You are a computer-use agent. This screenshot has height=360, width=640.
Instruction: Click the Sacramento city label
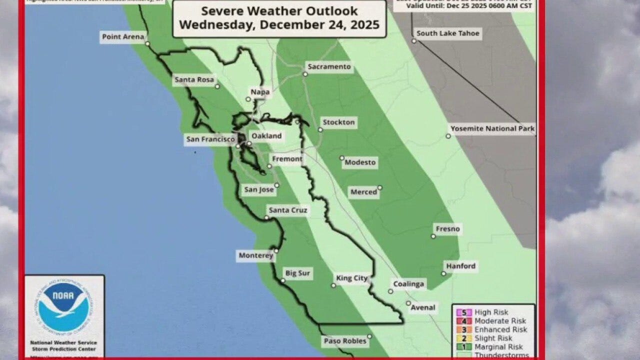tap(329, 66)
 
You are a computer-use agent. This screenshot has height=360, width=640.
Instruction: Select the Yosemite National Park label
tap(492, 128)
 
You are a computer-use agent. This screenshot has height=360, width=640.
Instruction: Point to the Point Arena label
tap(123, 36)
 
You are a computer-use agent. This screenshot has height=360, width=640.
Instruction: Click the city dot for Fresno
tap(433, 236)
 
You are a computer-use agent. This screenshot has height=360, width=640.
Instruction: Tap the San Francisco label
tap(210, 139)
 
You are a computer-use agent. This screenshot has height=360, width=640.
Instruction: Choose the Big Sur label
tap(297, 273)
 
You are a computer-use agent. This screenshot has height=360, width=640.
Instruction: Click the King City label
tap(352, 278)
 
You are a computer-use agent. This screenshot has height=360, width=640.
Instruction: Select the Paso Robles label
tap(345, 341)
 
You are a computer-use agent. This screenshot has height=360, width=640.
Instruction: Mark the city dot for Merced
tap(379, 188)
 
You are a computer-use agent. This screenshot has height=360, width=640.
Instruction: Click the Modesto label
tap(360, 162)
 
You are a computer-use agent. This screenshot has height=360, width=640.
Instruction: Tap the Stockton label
tap(338, 122)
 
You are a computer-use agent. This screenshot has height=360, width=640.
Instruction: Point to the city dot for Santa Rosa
tap(217, 86)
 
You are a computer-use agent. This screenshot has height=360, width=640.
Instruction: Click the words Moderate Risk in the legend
tap(500, 321)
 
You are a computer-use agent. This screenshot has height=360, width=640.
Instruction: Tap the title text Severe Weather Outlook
tap(279, 11)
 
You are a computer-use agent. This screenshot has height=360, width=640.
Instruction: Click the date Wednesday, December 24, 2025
tap(279, 24)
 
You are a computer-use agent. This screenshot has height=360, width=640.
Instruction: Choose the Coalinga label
tap(408, 284)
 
